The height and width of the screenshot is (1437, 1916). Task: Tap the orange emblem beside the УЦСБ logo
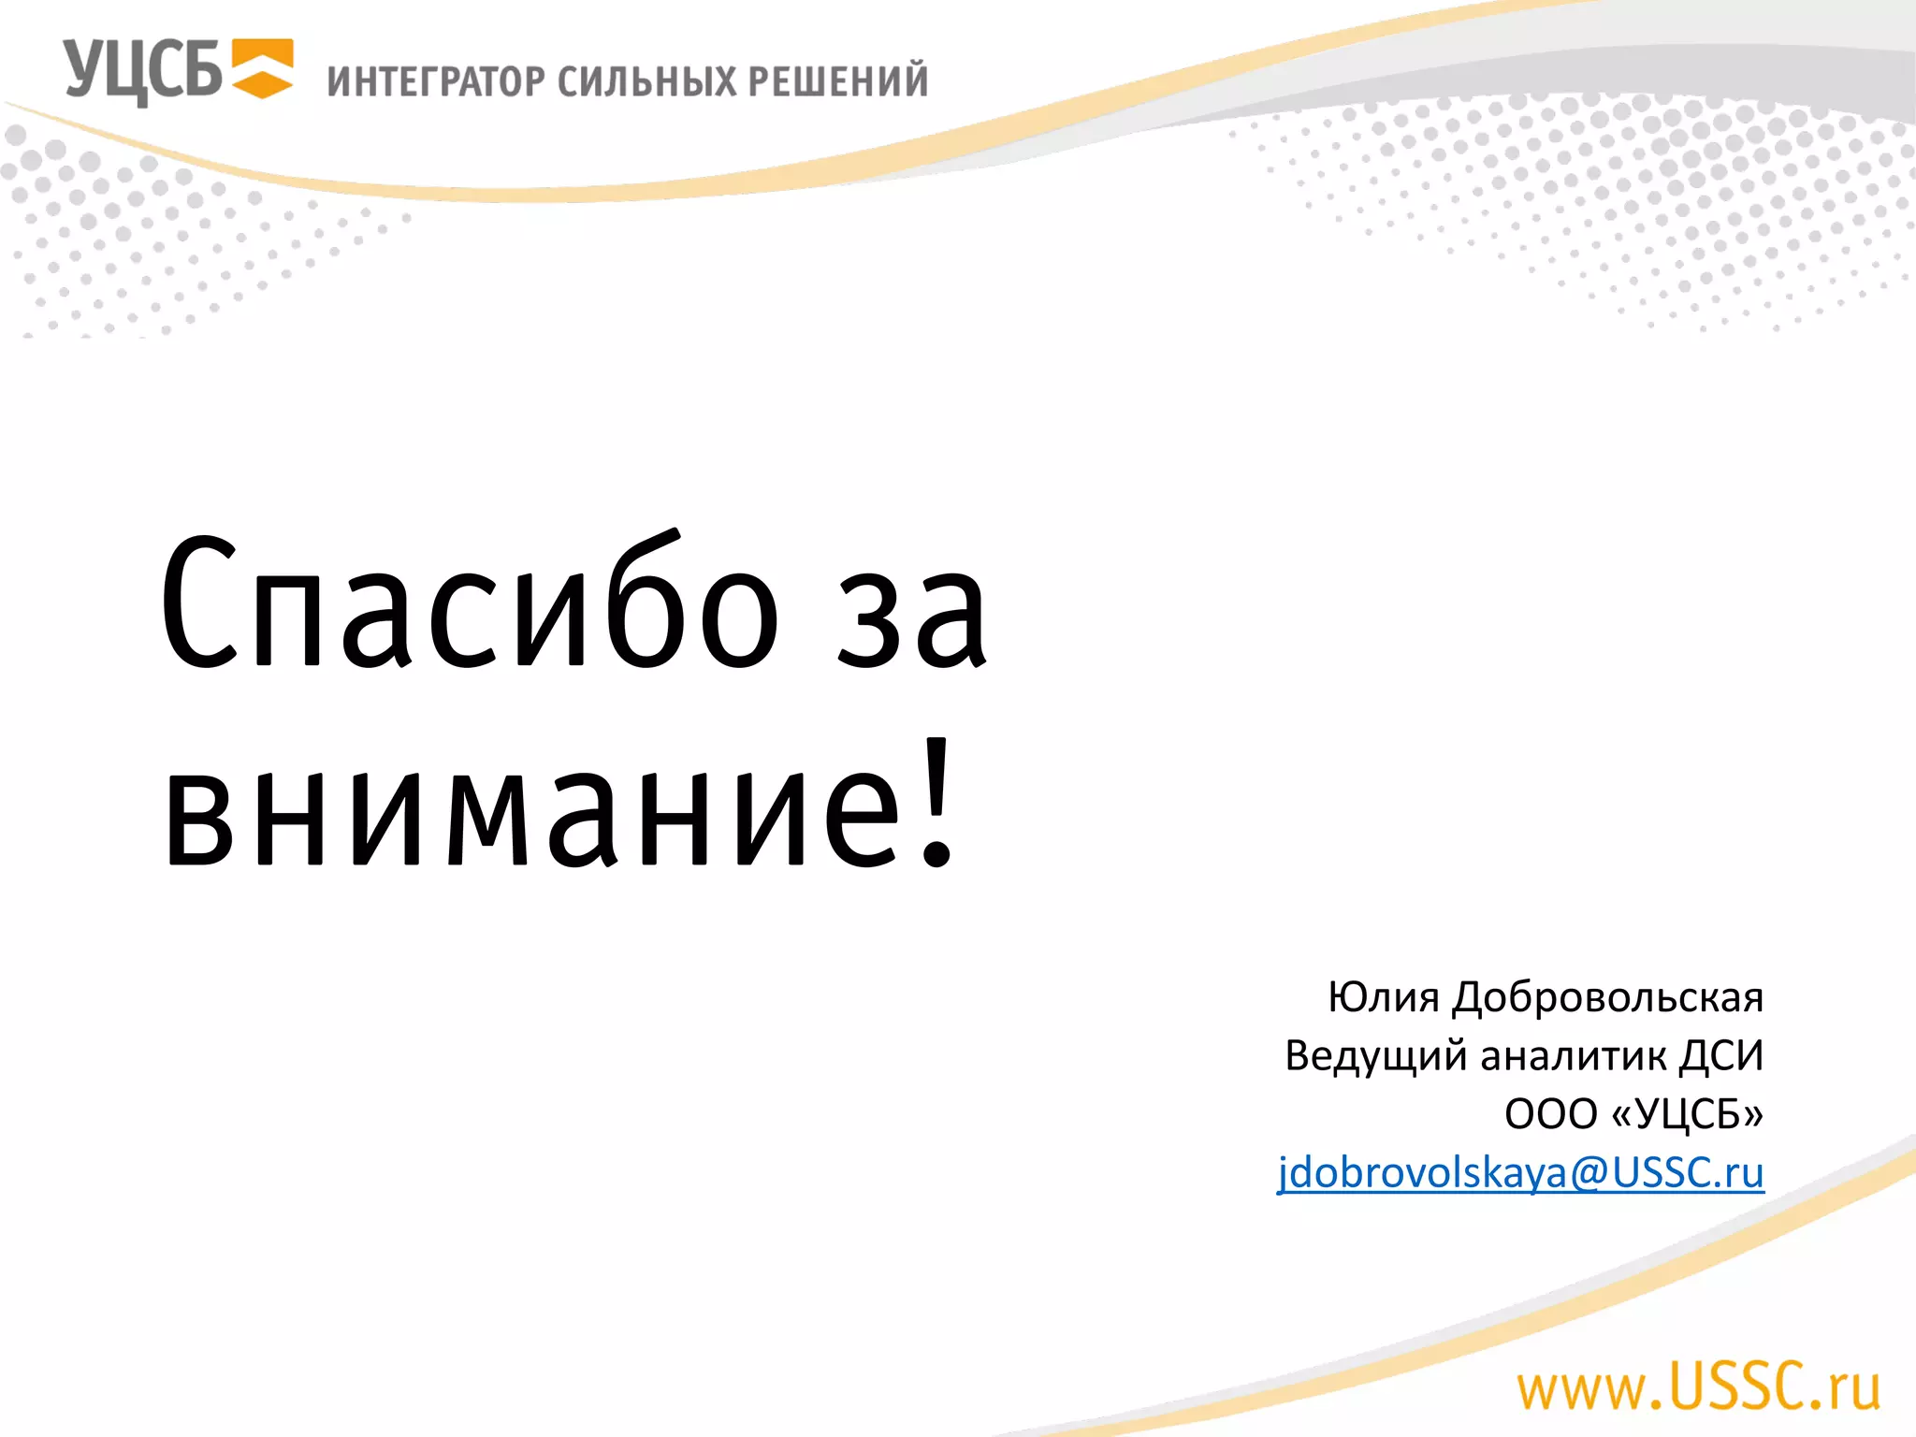click(x=262, y=68)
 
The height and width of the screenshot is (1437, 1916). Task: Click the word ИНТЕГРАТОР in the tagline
click(x=435, y=81)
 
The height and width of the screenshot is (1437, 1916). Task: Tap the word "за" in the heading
click(x=912, y=617)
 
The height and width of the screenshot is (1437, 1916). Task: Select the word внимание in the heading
click(x=533, y=809)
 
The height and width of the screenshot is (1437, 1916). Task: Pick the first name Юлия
click(x=1383, y=997)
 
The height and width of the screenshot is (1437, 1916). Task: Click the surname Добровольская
click(x=1607, y=997)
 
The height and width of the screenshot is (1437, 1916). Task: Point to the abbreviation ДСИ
click(x=1721, y=1055)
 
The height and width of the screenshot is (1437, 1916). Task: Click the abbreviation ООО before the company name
click(x=1550, y=1114)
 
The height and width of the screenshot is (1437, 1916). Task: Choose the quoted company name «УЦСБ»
click(x=1689, y=1114)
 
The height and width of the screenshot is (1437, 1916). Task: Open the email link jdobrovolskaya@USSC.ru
click(x=1520, y=1172)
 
